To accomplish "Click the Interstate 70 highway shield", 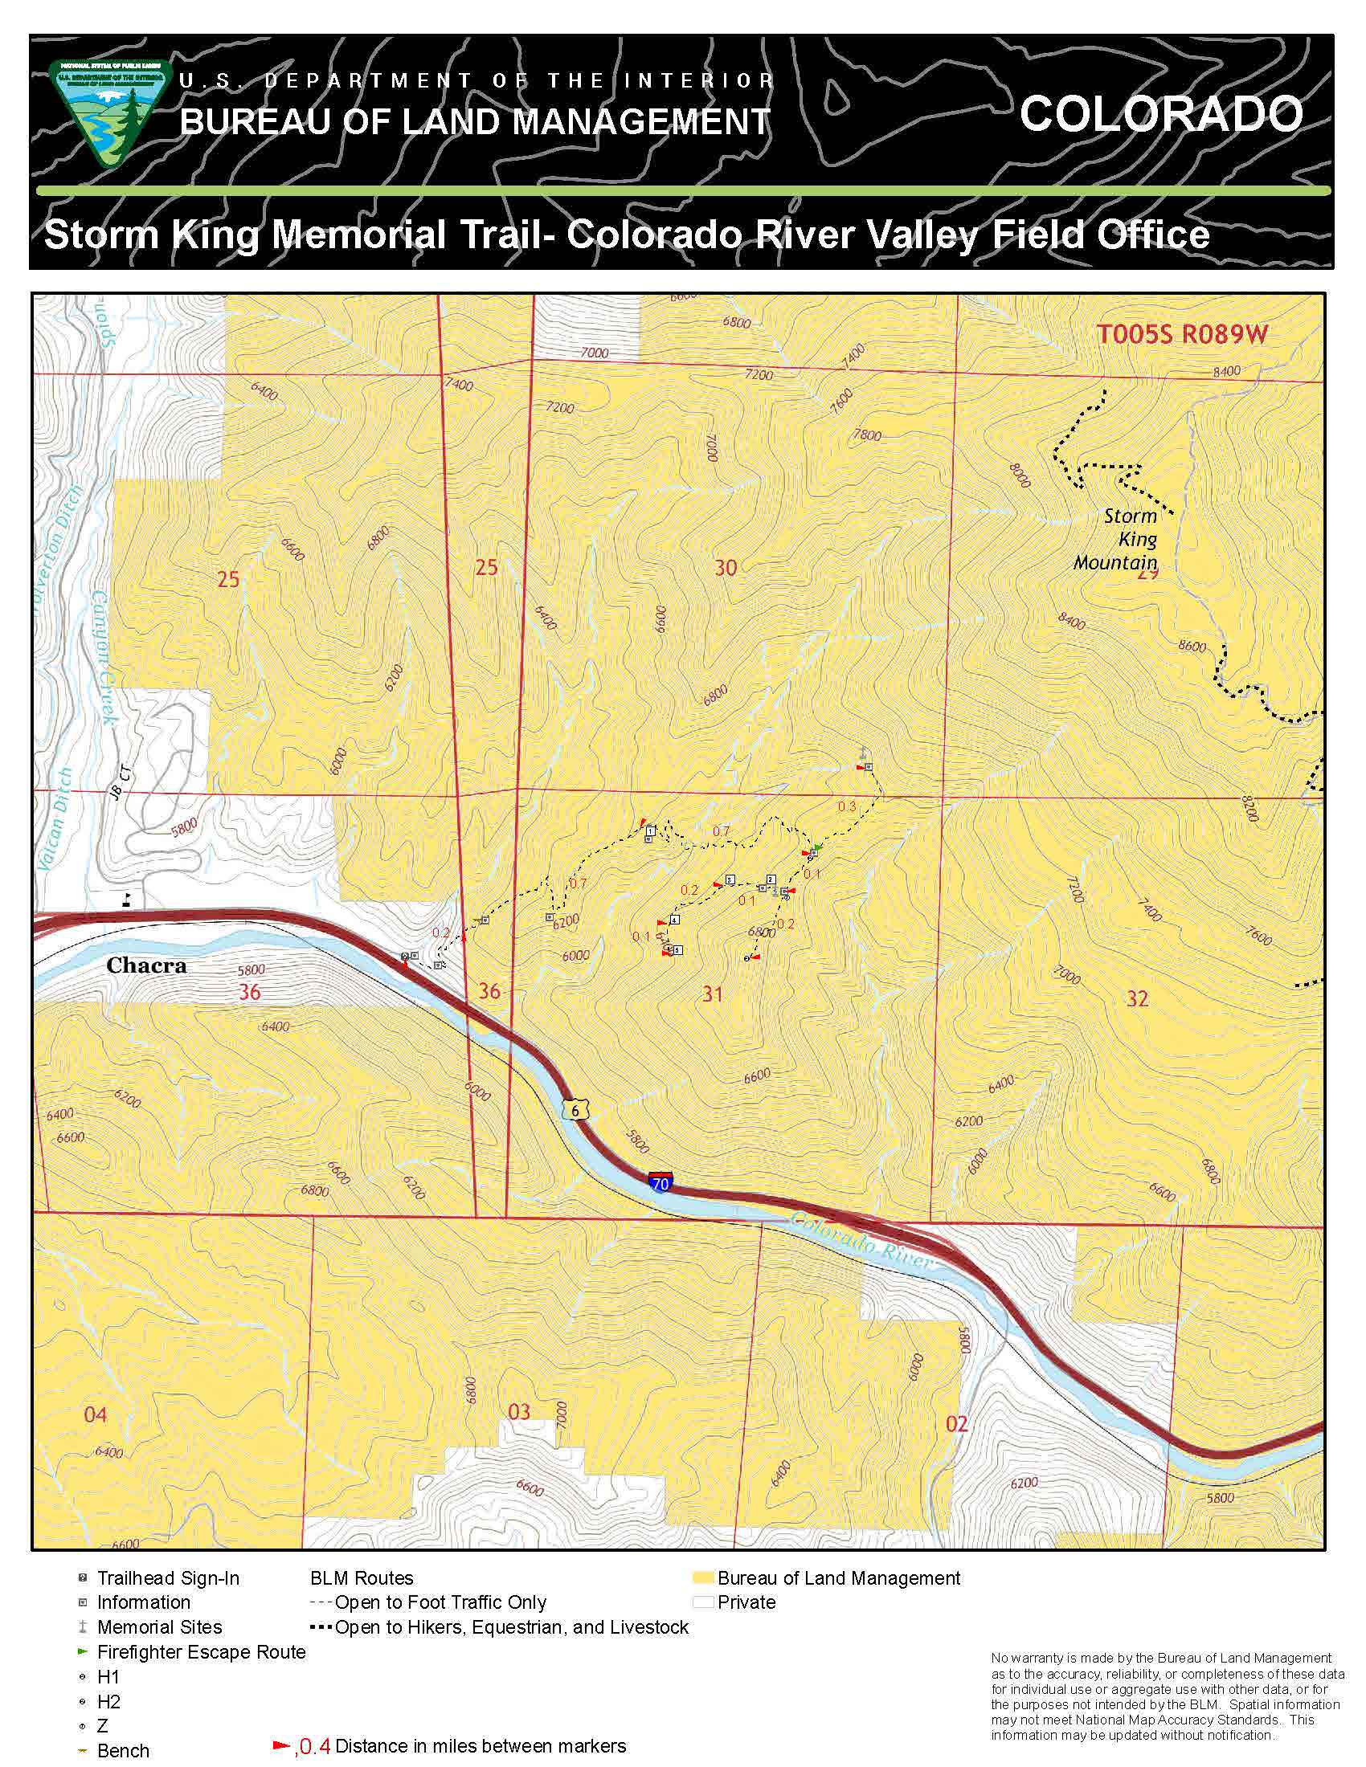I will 661,1183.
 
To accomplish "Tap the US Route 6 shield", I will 575,1110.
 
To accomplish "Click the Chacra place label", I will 146,965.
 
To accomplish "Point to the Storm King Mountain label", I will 1120,539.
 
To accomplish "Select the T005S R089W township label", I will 1181,334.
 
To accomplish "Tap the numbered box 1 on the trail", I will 651,831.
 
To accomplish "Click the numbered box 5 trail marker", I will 677,950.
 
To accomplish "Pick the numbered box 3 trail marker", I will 729,879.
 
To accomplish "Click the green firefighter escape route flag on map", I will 818,847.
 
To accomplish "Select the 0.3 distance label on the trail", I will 846,806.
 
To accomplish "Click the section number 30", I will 725,568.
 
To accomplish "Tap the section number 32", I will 1137,999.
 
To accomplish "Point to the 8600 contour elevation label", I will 1191,647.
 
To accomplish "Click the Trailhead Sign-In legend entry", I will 167,1577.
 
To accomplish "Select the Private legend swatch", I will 702,1602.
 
